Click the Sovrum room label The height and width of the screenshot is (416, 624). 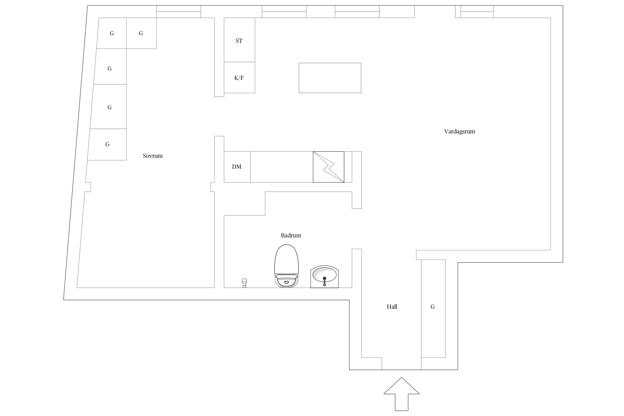point(153,156)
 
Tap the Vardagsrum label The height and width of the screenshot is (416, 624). point(460,132)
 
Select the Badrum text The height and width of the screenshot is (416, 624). point(291,235)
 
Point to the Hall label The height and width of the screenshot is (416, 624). point(392,307)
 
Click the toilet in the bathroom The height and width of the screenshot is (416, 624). point(286,266)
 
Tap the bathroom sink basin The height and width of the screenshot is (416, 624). point(324,277)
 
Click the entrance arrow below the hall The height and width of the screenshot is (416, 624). point(401,394)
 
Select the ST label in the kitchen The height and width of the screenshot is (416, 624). point(239,41)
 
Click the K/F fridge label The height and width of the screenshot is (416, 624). point(239,78)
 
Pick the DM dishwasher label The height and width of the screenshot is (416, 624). point(237,167)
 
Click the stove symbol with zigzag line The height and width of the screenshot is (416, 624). point(329,167)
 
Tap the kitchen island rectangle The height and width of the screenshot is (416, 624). point(330,78)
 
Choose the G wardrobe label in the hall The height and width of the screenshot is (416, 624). point(433,307)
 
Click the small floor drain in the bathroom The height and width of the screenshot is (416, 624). point(244,283)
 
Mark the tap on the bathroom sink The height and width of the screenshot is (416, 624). point(324,281)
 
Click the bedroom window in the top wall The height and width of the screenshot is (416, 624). point(179,12)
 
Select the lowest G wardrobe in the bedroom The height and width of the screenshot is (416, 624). point(107,144)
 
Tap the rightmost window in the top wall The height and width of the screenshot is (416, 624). point(477,12)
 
